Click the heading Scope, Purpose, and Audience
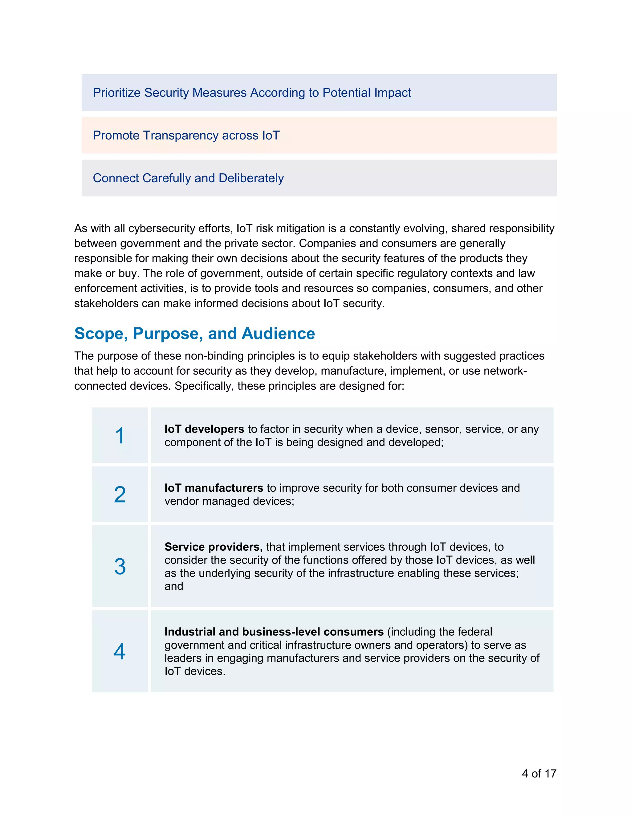pos(194,333)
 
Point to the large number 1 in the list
pos(120,436)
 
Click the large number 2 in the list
pos(120,495)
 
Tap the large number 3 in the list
pos(120,566)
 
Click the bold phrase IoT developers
pos(204,429)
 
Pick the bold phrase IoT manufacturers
pos(214,488)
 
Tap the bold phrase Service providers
pos(213,547)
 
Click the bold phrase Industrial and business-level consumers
pos(274,632)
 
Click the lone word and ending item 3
pos(174,586)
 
